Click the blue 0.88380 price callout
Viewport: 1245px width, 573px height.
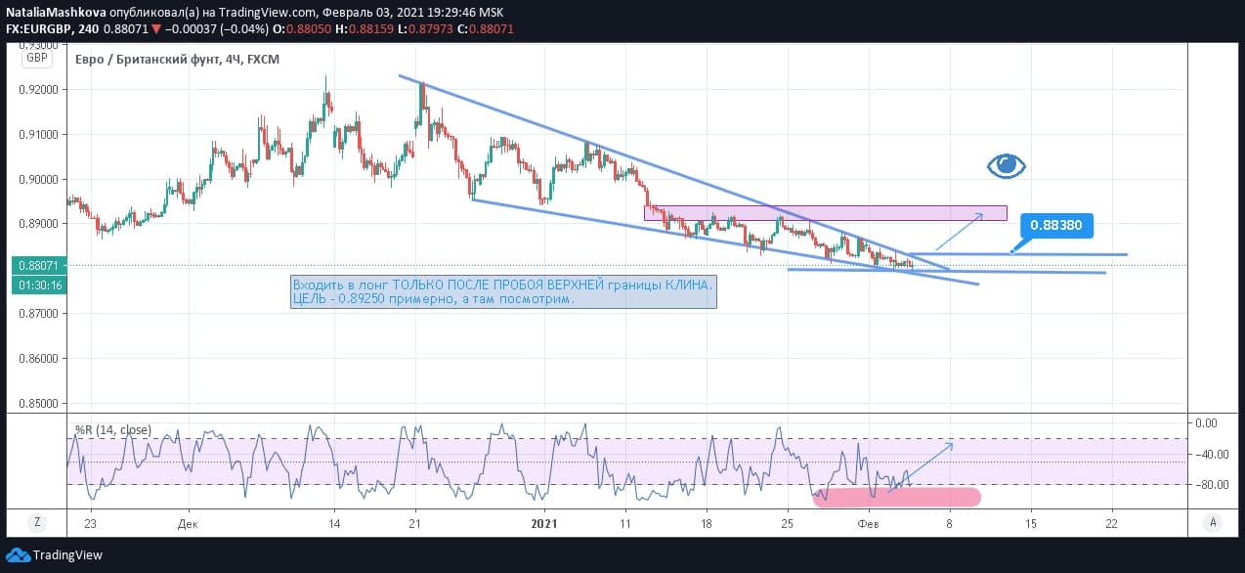1057,226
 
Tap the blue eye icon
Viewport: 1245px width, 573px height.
1006,166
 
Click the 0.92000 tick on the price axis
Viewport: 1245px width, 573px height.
36,90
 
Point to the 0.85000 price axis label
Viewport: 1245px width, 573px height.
36,404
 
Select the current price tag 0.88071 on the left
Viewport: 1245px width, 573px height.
37,265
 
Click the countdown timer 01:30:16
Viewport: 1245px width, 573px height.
37,286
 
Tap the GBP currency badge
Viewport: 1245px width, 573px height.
37,58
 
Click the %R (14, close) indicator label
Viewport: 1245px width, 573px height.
113,430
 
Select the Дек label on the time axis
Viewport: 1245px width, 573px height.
189,524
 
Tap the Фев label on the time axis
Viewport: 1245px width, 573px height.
867,524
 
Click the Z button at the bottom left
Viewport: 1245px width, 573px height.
37,522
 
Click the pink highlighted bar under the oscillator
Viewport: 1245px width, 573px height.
896,498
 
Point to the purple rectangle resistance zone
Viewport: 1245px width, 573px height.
825,212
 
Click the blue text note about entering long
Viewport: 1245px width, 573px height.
503,291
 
